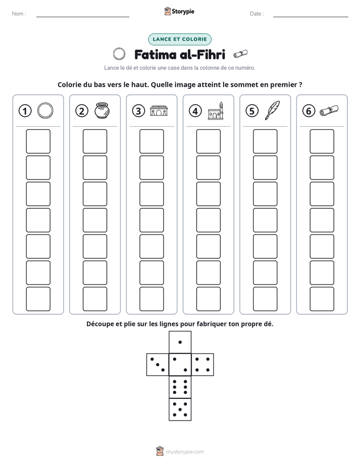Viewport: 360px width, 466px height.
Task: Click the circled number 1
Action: click(25, 111)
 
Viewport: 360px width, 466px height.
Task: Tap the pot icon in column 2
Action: click(102, 110)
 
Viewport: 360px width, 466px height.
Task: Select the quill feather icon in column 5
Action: click(272, 110)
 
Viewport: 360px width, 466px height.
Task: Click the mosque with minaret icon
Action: click(216, 111)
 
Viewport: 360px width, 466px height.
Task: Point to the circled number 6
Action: click(309, 111)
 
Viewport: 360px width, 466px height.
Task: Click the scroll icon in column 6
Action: click(329, 110)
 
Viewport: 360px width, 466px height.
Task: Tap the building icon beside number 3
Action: click(159, 110)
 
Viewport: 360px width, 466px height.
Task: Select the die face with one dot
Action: click(180, 342)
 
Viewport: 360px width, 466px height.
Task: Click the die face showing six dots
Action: click(180, 387)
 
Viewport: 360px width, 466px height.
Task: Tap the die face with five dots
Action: click(180, 410)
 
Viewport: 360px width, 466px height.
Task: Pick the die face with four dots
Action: click(203, 365)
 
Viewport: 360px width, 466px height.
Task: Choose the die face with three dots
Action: click(158, 365)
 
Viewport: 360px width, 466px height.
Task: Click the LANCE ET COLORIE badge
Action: click(179, 39)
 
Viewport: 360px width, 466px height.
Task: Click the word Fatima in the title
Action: click(156, 54)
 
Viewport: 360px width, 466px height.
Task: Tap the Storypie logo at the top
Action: click(179, 11)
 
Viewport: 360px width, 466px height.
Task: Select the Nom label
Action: click(19, 14)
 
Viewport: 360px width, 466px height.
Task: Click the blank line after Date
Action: click(311, 17)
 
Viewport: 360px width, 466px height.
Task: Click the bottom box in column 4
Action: click(209, 299)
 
